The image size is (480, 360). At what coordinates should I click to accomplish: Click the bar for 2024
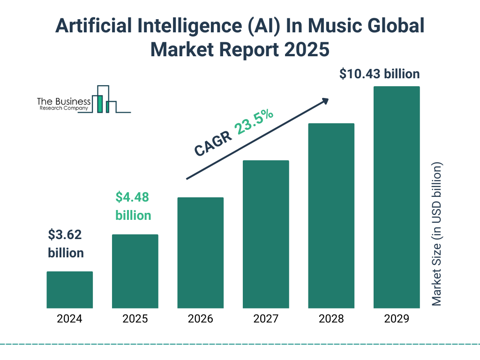tap(69, 290)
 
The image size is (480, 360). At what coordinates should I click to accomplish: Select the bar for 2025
tap(135, 271)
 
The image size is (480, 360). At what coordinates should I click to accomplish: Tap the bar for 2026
tap(200, 253)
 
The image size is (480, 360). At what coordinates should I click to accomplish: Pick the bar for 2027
tap(266, 234)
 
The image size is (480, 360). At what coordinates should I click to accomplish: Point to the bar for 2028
tap(331, 216)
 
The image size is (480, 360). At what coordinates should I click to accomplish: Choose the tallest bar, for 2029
tap(397, 197)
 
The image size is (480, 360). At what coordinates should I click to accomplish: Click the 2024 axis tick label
tap(69, 319)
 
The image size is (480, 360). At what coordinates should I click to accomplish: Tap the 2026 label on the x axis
tap(200, 319)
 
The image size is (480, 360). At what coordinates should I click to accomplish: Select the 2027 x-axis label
tap(266, 319)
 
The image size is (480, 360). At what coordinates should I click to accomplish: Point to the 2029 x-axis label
tap(397, 319)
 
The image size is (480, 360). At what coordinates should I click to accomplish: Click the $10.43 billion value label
tap(380, 74)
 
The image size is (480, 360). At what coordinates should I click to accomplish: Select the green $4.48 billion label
tap(133, 206)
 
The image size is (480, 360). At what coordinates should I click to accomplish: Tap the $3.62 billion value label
tap(66, 244)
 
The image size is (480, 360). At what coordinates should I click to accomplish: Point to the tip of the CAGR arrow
tap(328, 99)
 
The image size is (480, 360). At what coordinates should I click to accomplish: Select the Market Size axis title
tap(437, 234)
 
